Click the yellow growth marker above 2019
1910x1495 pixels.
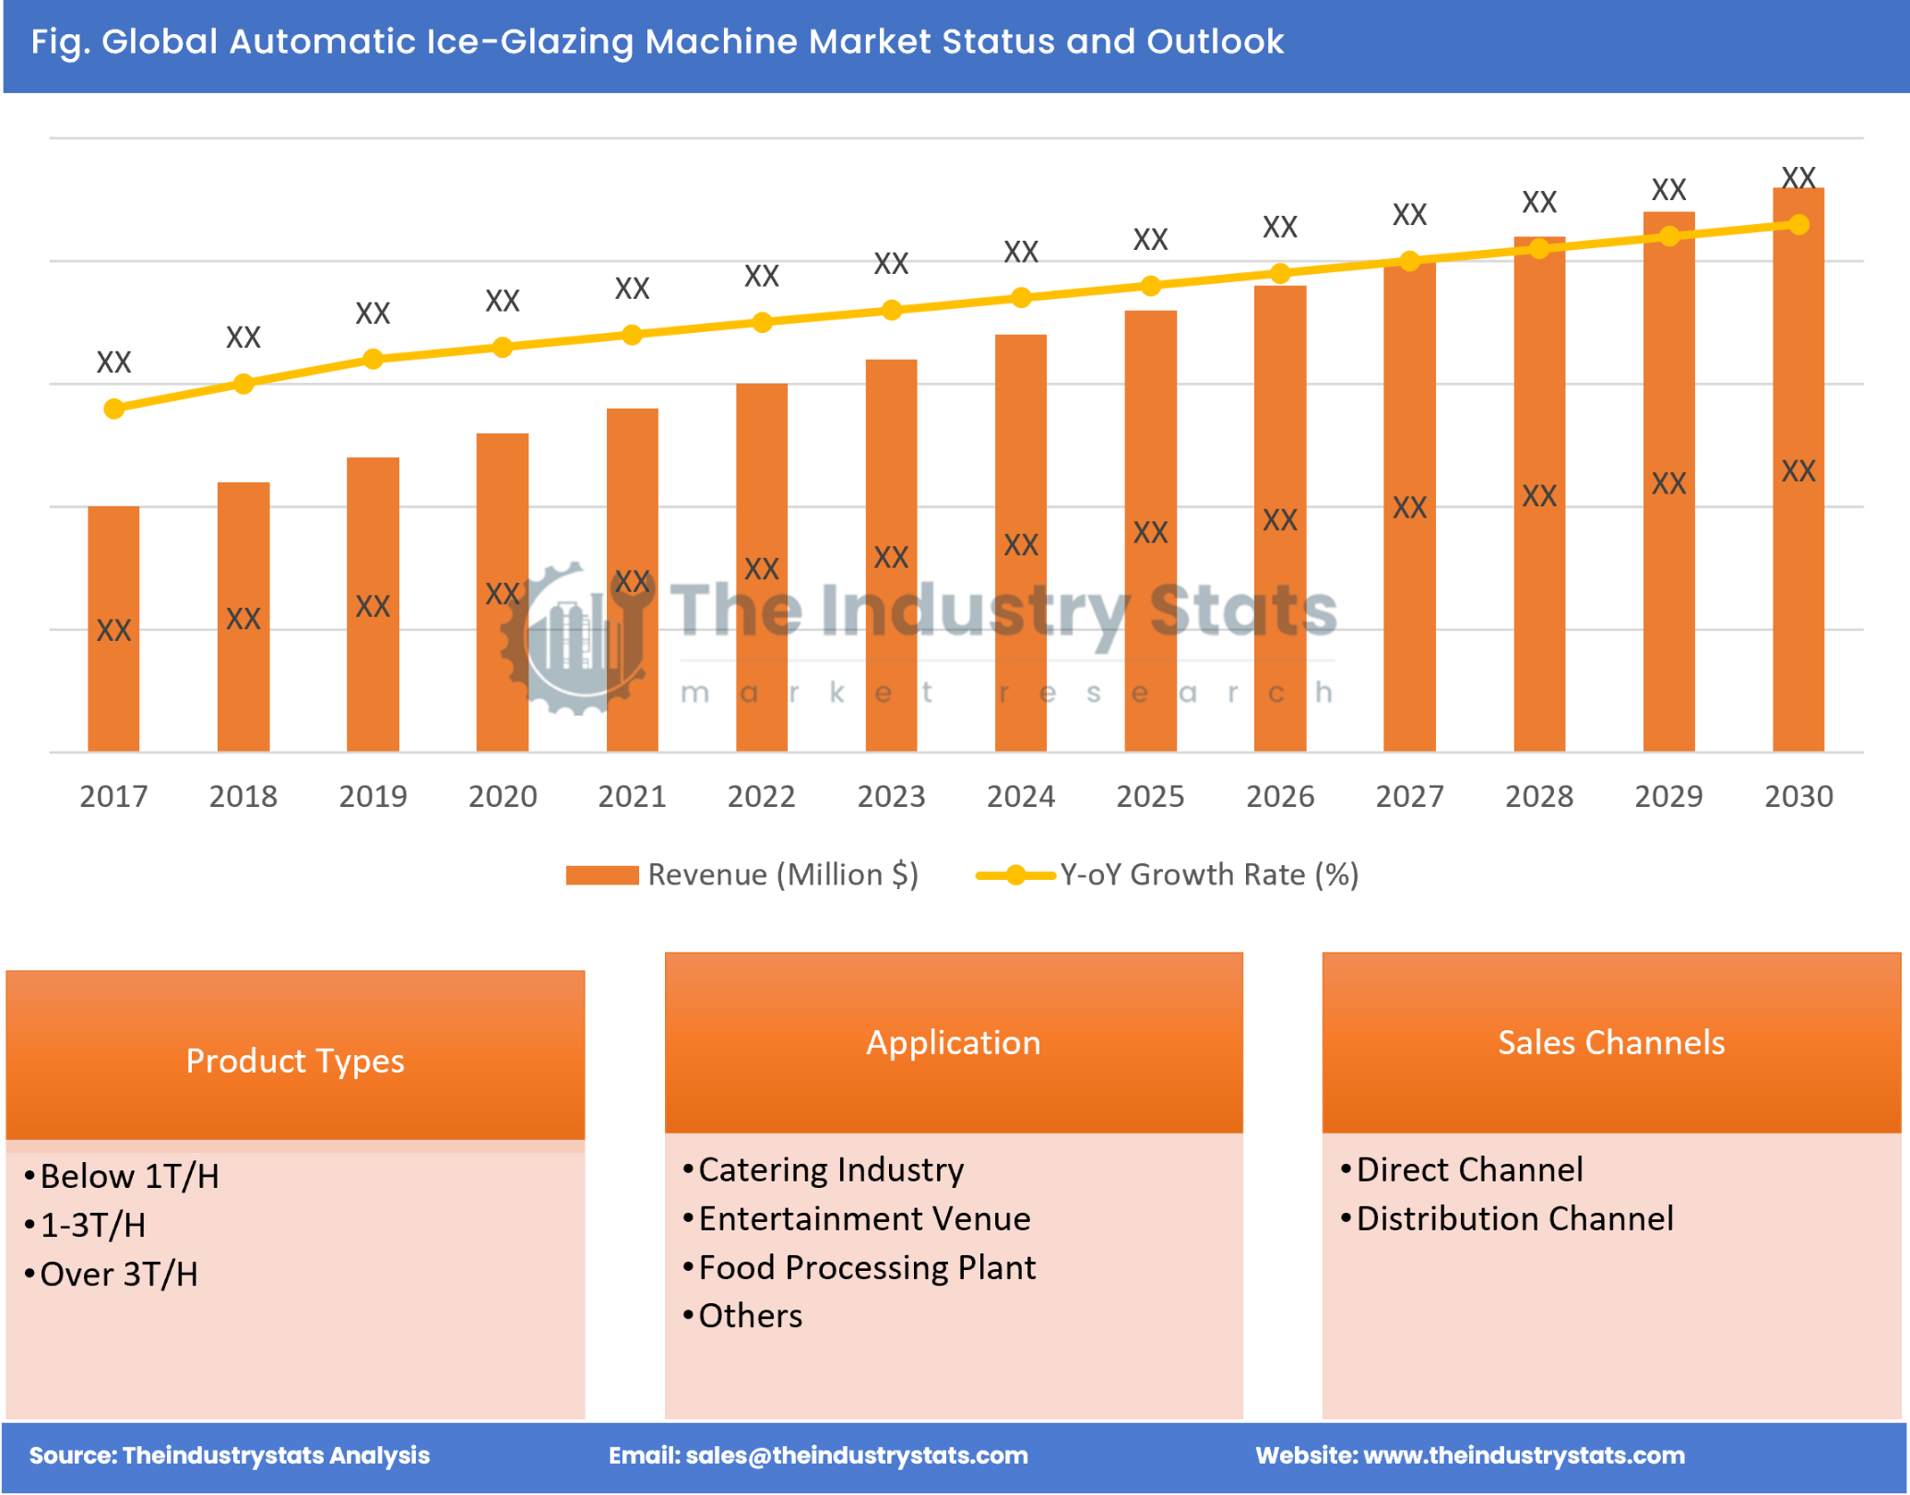coord(373,359)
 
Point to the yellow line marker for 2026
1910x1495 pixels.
coord(1279,273)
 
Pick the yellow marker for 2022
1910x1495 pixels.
coord(762,322)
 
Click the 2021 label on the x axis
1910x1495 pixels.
coord(632,796)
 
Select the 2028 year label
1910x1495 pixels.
coord(1538,796)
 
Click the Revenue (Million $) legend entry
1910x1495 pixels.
coord(742,874)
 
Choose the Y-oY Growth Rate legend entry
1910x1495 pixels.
coord(1168,874)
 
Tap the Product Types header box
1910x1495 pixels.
coord(295,1060)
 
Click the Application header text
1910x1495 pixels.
coord(953,1042)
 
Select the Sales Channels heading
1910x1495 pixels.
coord(1610,1042)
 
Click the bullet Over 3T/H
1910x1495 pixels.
coord(119,1274)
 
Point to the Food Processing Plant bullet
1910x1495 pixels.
coord(867,1267)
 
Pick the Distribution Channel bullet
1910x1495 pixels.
coord(1513,1218)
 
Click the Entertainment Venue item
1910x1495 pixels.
coord(864,1218)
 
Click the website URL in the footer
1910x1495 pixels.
coord(1524,1455)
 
